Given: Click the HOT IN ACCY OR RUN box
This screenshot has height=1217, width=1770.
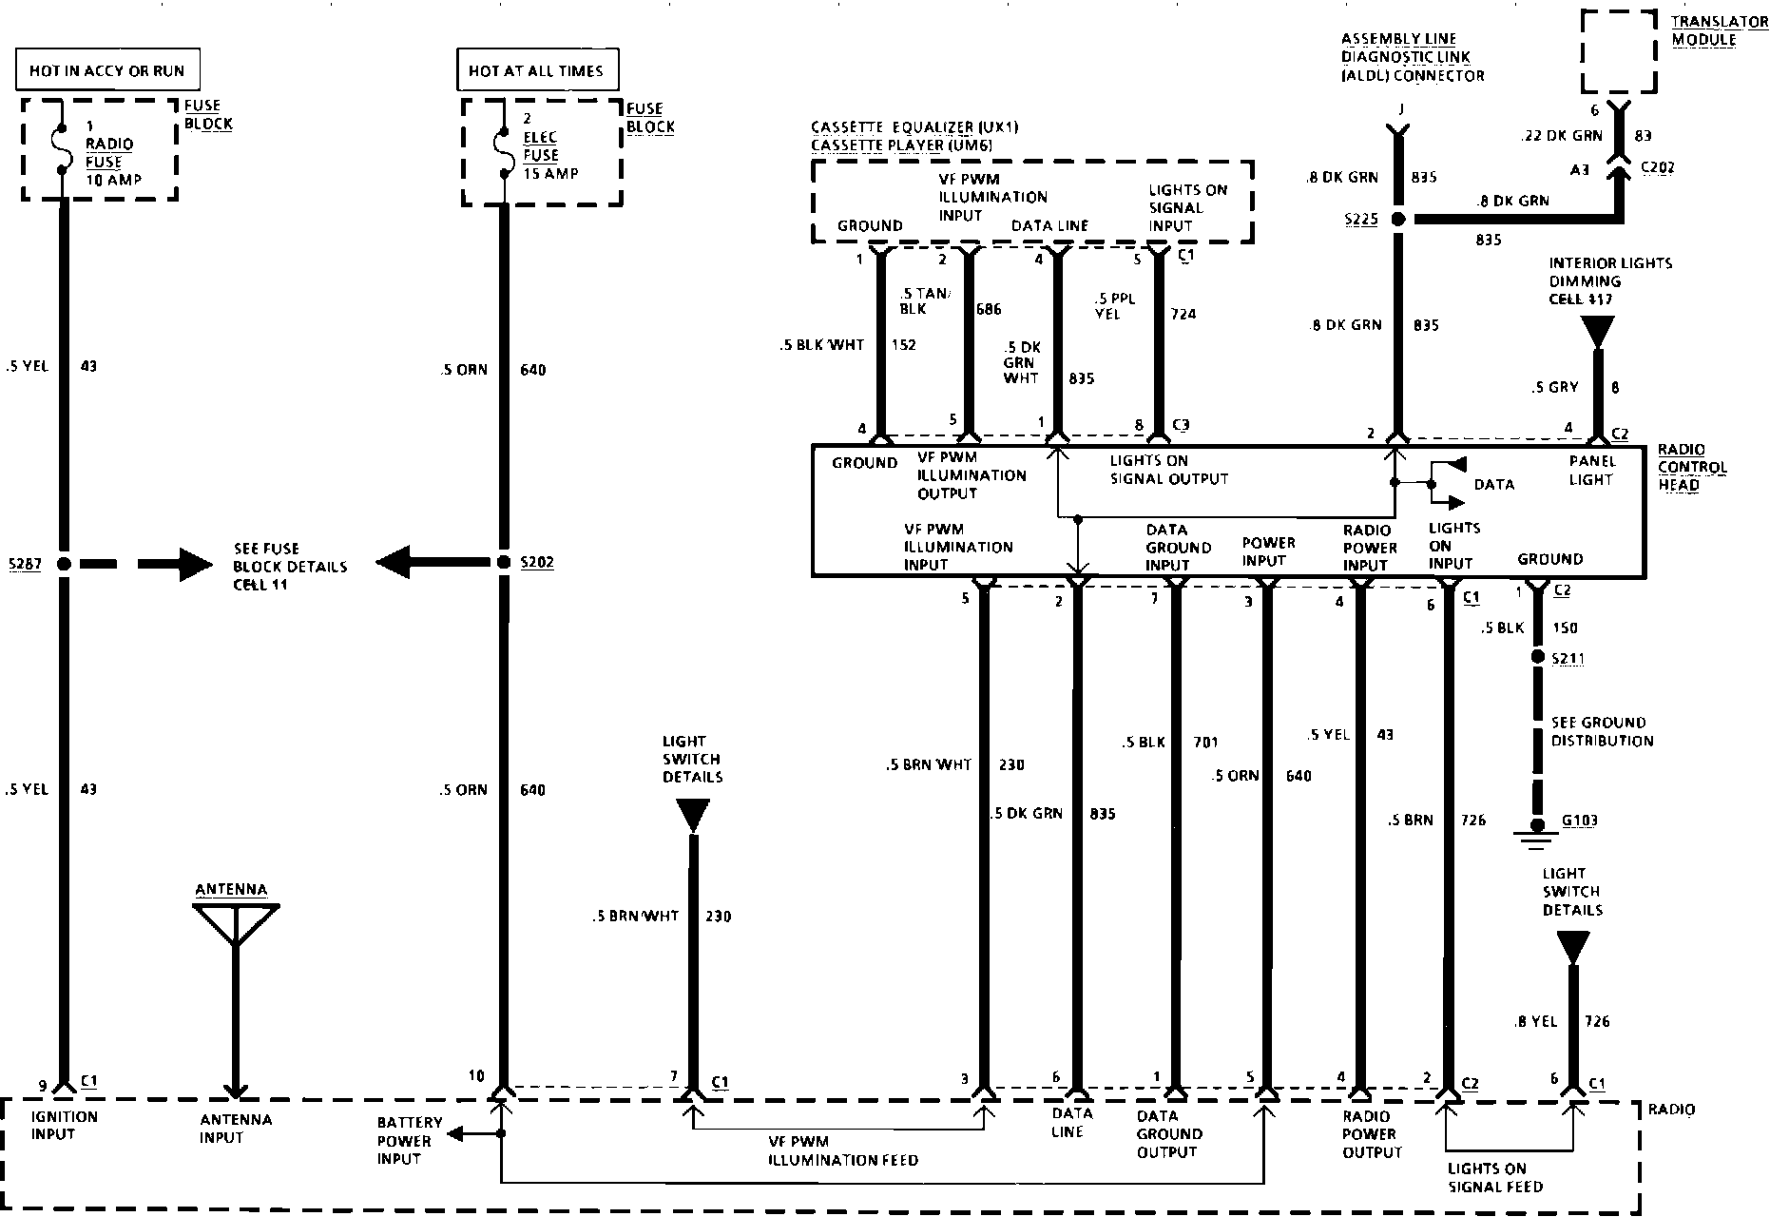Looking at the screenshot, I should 107,70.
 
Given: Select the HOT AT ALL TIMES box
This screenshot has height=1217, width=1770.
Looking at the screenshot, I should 536,70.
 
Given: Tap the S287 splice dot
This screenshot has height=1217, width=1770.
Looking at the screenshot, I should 64,564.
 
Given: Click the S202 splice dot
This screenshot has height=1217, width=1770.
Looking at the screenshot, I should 504,562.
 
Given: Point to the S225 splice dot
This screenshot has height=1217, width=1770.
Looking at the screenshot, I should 1396,219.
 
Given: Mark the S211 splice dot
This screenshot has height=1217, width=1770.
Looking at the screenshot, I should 1536,658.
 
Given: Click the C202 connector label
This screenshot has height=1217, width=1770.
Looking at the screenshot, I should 1658,168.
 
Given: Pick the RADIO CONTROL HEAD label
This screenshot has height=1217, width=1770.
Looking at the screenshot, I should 1692,466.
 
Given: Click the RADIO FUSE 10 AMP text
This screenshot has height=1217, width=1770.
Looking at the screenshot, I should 110,153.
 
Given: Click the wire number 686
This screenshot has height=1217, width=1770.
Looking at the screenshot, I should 989,309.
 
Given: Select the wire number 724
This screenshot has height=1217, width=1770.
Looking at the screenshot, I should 1183,314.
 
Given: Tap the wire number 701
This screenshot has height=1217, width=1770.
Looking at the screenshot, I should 1205,742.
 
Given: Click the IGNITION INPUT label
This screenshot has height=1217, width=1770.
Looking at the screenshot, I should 65,1126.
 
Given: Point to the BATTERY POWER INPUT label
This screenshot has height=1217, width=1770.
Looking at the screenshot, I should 404,1141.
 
